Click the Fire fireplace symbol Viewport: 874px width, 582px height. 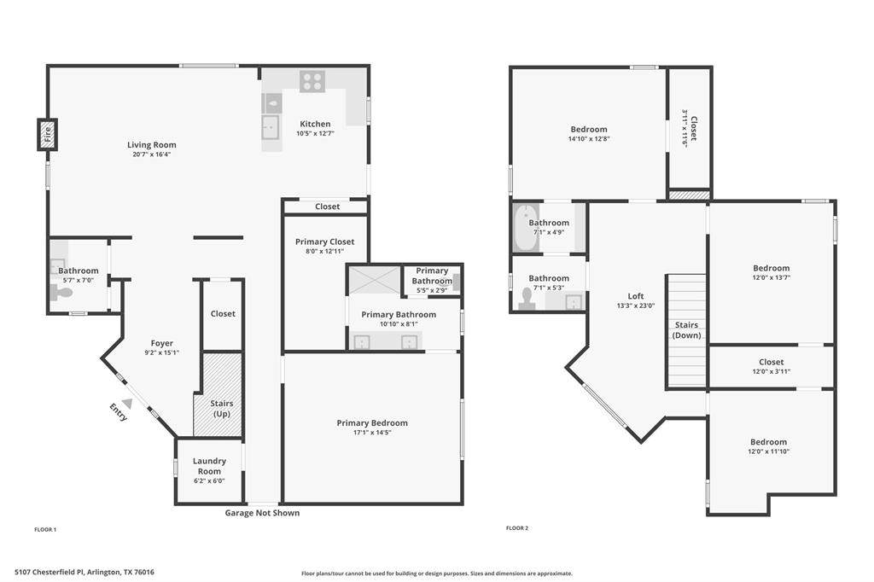tap(48, 134)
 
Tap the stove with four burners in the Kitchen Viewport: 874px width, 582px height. tap(312, 81)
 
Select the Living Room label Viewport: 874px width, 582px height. tap(152, 145)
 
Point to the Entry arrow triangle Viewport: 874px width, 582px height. tap(128, 404)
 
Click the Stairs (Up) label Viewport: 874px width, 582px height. tap(222, 409)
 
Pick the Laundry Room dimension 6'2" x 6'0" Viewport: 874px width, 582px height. tap(209, 481)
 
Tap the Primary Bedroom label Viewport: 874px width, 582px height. tap(372, 423)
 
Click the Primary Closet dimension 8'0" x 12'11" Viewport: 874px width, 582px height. tap(325, 252)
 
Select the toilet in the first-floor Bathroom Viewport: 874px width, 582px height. tap(61, 292)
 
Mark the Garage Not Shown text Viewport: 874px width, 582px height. tap(262, 513)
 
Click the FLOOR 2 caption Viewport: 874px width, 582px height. tap(516, 528)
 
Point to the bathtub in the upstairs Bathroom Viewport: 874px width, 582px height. tap(526, 229)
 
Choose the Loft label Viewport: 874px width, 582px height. tap(635, 296)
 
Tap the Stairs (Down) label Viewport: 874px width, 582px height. tap(687, 330)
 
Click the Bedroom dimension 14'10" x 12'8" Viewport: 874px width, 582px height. tap(589, 139)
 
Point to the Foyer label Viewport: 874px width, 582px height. tap(161, 343)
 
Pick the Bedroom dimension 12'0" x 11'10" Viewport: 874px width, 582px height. tap(769, 451)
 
